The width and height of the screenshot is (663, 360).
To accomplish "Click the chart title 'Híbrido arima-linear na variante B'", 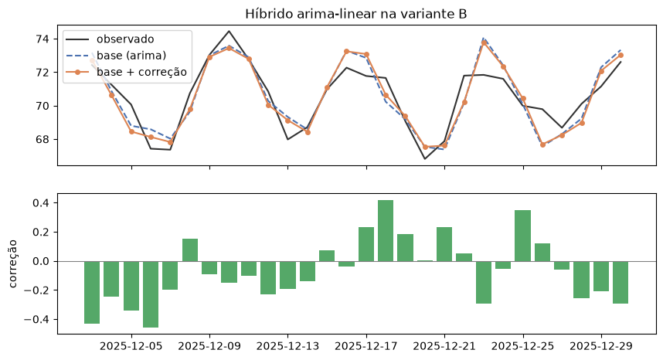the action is pos(356,14).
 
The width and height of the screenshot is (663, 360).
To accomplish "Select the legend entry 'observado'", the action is pos(125,39).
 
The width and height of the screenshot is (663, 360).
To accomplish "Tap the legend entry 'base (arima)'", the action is pos(131,56).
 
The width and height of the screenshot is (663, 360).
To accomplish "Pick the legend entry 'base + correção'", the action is pos(141,72).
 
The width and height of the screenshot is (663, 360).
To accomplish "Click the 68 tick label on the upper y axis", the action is pos(42,139).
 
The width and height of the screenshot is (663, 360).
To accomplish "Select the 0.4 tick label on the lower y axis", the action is pos(41,203).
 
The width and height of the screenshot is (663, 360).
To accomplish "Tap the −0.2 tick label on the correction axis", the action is pos(37,290).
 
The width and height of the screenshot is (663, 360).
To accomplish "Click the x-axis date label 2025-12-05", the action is pos(131,346).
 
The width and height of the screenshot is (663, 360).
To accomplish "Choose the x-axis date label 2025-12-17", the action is pos(366,346).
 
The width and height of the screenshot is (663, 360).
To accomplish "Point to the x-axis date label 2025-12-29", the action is pos(601,346).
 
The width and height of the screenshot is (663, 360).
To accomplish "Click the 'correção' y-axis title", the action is pos(13,263).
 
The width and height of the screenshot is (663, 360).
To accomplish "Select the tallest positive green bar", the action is pos(386,231).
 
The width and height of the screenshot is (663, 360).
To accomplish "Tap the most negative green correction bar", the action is pos(151,294).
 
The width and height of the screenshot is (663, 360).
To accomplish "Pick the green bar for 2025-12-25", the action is pos(522,236).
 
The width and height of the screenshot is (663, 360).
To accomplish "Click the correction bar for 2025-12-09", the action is pos(209,267).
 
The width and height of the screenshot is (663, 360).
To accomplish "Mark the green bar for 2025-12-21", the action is pos(444,244).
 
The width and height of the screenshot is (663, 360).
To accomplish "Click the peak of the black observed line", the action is pos(229,31).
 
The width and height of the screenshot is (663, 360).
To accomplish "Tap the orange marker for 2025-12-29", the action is pos(601,71).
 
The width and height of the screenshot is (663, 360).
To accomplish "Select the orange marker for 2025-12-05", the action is pos(131,132).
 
